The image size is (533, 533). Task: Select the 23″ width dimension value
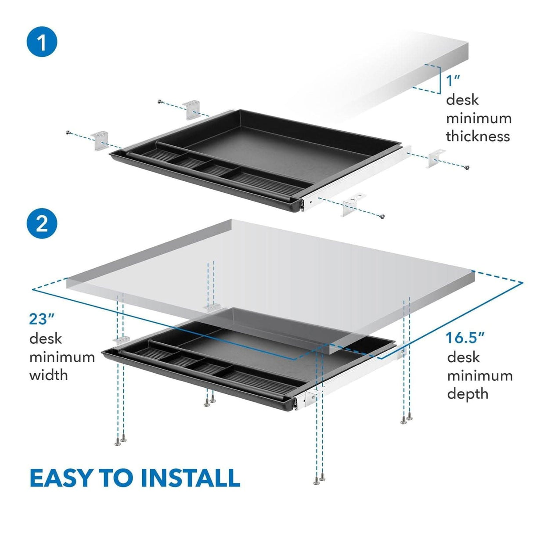[x=41, y=319]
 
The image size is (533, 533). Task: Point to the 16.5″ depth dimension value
[x=465, y=338]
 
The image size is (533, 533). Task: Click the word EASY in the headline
[x=60, y=478]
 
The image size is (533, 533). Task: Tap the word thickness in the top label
[x=478, y=136]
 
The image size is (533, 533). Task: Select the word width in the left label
[x=48, y=375]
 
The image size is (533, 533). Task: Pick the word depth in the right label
[x=468, y=394]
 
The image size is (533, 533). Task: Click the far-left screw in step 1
[x=68, y=132]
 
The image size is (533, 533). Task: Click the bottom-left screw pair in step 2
[x=120, y=440]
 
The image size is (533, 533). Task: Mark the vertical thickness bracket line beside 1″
[x=439, y=79]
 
